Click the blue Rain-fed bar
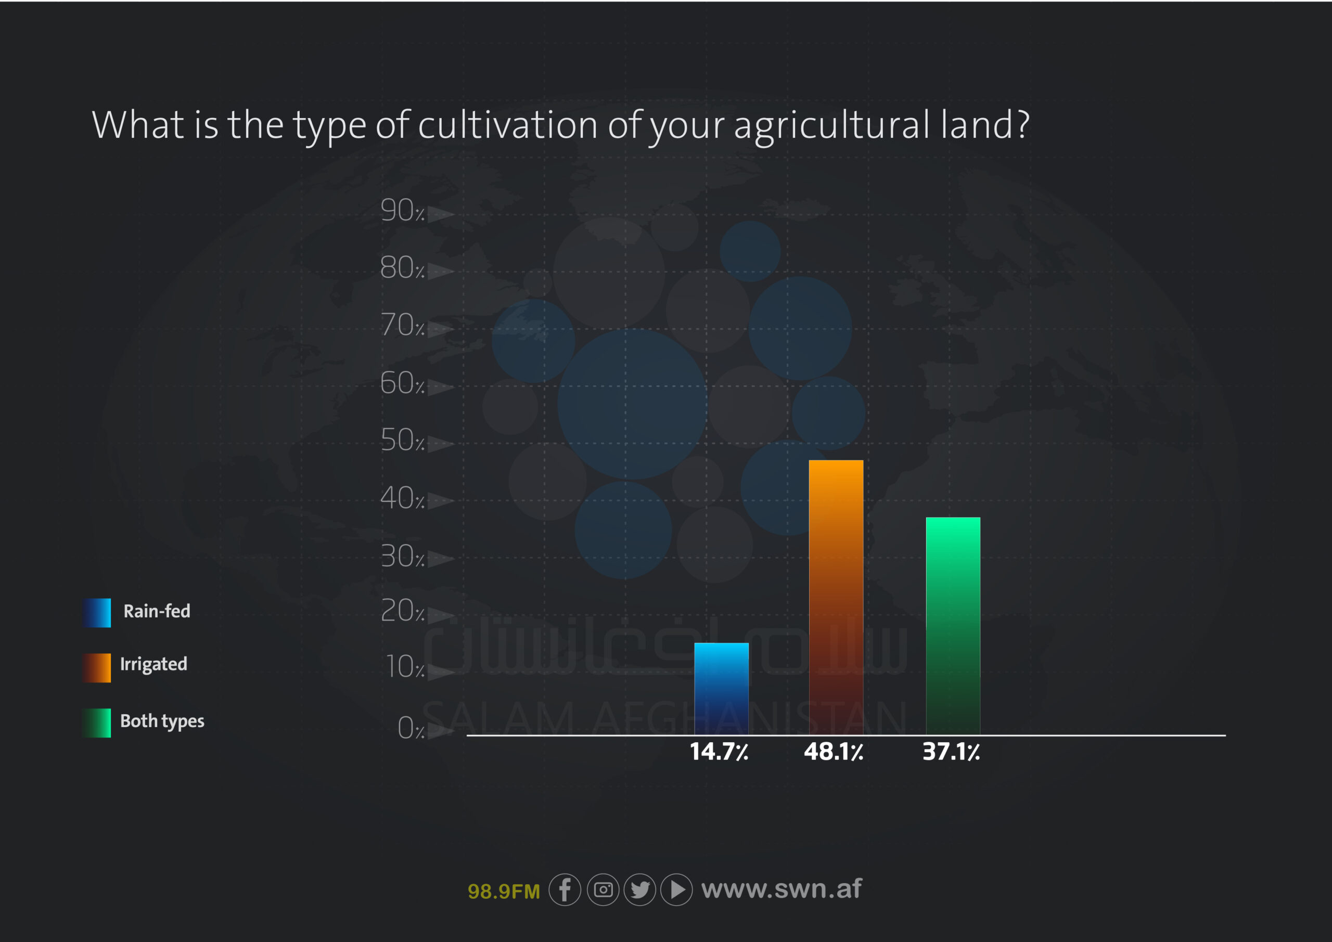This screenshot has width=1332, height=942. (x=721, y=689)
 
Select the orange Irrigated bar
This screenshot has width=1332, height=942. (x=836, y=598)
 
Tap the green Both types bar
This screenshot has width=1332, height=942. (x=953, y=626)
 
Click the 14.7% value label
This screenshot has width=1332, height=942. (x=719, y=752)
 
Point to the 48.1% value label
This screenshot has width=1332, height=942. (x=833, y=752)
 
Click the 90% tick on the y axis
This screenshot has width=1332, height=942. (x=402, y=210)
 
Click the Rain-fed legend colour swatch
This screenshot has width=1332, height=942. (x=96, y=613)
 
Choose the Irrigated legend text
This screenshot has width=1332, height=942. (x=153, y=664)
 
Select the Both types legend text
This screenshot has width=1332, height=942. (x=162, y=721)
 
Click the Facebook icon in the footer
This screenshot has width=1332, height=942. (x=565, y=889)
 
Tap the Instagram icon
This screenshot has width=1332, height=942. (x=603, y=889)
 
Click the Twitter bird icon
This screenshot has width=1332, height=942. (x=640, y=889)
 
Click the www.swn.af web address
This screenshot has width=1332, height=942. (x=782, y=888)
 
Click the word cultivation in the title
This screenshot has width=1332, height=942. (x=508, y=125)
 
